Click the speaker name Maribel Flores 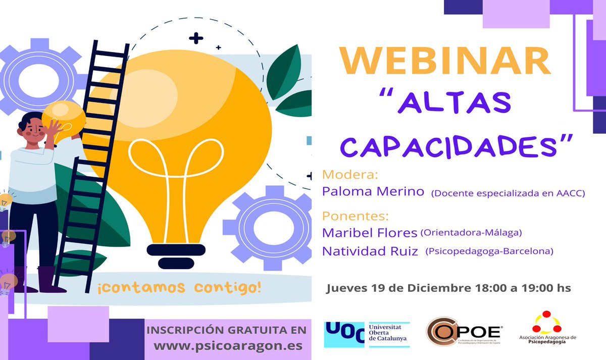click(370, 233)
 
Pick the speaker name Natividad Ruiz click(370, 251)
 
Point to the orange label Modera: click(350, 175)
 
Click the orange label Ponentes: click(356, 216)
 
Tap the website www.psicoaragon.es click(228, 346)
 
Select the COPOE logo click(463, 333)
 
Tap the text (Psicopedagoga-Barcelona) click(489, 251)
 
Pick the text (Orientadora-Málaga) click(471, 233)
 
